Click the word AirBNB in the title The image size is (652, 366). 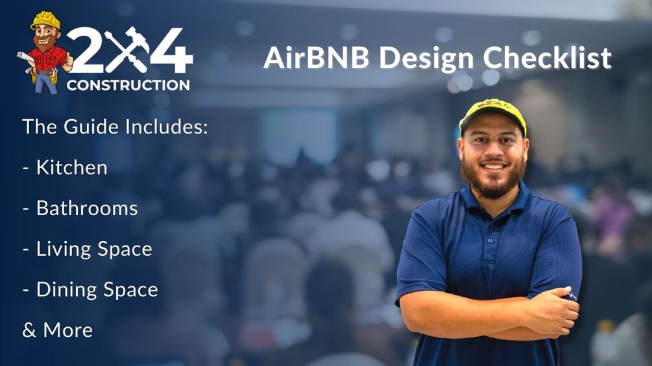[316, 59]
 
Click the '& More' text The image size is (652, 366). [57, 330]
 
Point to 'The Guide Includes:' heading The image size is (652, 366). [115, 126]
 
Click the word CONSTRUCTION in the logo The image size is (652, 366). [128, 85]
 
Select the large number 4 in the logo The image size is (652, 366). [171, 51]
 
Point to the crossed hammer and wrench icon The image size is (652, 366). [128, 49]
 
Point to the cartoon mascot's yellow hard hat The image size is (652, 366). [45, 20]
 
